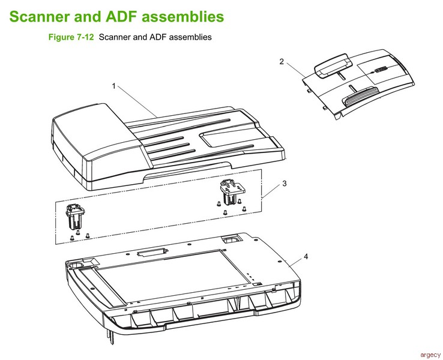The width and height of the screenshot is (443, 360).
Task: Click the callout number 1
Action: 113,86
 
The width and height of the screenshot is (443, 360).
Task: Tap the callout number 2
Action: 281,61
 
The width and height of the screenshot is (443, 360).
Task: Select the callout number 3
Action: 285,184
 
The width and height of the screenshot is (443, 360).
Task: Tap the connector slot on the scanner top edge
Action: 150,254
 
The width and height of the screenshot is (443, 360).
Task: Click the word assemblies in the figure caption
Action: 187,37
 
